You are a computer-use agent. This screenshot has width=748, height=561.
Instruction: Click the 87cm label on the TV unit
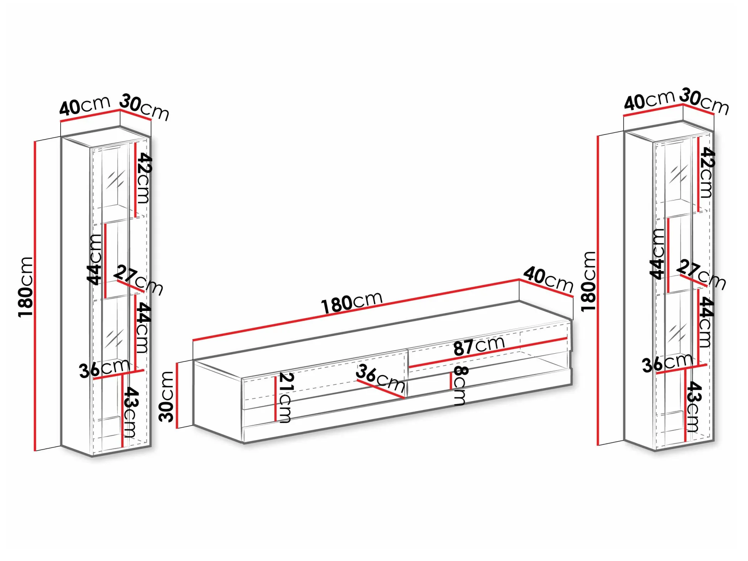pos(479,345)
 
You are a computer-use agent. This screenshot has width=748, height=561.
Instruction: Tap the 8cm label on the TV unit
pos(460,386)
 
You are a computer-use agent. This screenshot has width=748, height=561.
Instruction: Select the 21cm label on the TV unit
pos(286,397)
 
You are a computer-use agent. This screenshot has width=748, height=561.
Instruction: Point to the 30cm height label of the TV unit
pos(167,396)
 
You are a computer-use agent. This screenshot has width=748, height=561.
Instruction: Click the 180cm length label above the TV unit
pos(352,302)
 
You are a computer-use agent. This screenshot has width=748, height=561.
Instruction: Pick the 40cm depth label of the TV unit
pos(548,279)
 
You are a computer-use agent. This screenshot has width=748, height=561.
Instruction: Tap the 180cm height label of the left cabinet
pos(26,287)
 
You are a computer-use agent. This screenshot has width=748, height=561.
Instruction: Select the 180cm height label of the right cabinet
pos(588,281)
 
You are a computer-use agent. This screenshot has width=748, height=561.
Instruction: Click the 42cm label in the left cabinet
pos(144,178)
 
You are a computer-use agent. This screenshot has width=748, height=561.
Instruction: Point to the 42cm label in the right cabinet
pos(707,172)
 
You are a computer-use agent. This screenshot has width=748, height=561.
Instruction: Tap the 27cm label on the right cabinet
pos(701,274)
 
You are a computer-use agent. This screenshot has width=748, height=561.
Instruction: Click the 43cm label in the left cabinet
pos(130,412)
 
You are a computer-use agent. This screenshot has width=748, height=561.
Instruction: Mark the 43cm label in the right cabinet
pos(693,406)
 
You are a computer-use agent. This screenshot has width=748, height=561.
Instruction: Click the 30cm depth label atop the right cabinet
pos(704,101)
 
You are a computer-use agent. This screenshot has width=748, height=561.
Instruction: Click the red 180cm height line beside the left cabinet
pos(35,296)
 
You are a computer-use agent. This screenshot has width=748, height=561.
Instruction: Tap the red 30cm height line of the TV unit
pos(177,395)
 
